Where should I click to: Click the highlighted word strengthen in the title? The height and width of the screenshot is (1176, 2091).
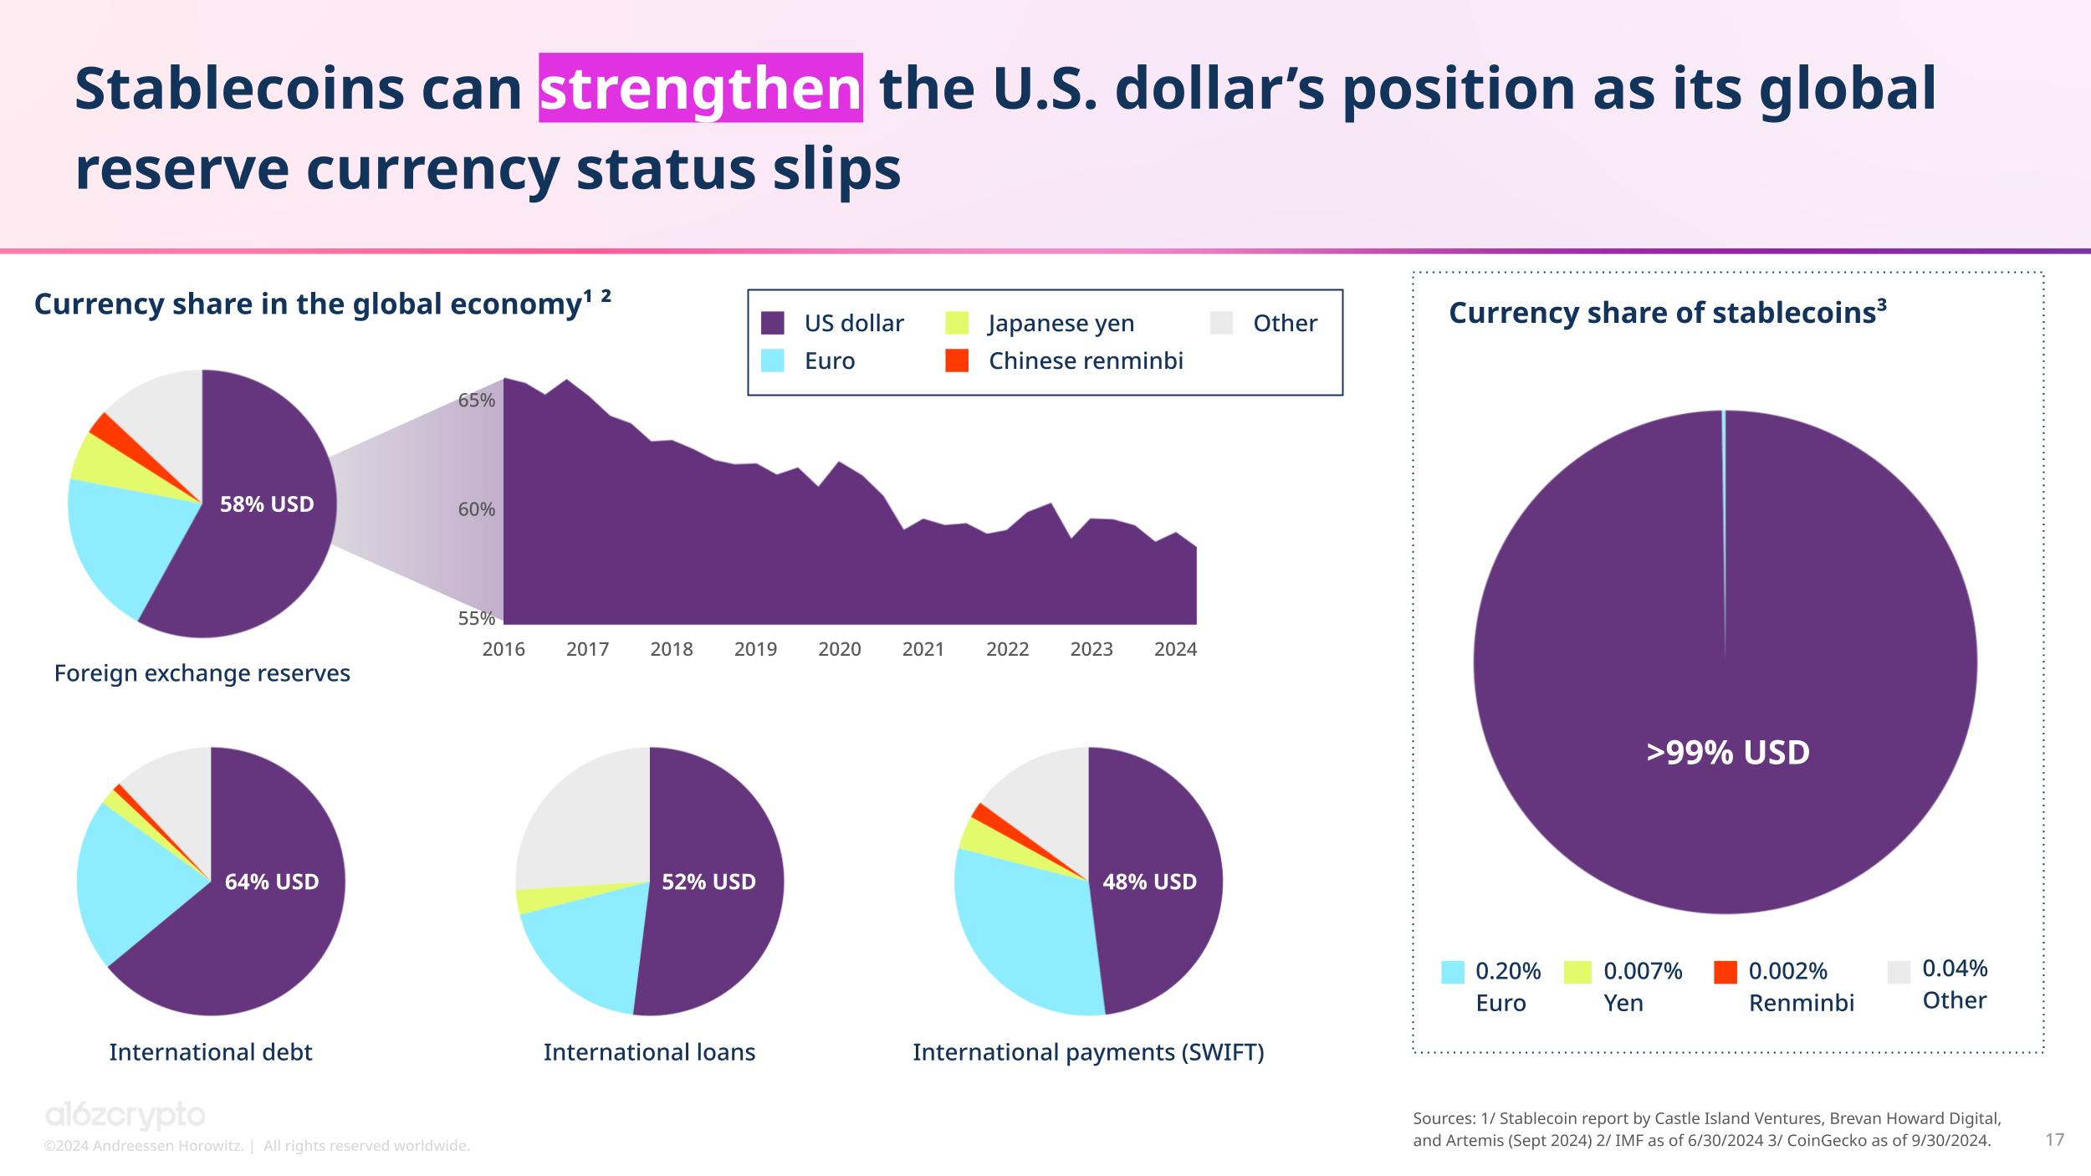(700, 89)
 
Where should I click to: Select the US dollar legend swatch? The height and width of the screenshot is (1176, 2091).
(773, 323)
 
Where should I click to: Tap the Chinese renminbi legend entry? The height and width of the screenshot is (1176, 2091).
(1085, 360)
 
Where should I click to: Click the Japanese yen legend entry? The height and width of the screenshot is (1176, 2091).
(1061, 323)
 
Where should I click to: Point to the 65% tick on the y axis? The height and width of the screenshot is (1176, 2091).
(477, 401)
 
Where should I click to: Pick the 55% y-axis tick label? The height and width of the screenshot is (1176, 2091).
(477, 619)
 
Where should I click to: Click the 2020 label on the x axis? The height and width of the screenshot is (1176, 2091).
(839, 649)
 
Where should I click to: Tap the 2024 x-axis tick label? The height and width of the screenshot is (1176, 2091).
(1175, 649)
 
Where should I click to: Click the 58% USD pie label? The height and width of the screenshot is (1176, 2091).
(267, 504)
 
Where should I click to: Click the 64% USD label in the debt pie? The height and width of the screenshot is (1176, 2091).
(272, 882)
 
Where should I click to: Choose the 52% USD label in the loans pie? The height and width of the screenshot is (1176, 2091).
(708, 882)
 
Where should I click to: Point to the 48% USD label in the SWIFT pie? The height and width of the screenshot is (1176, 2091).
(1149, 882)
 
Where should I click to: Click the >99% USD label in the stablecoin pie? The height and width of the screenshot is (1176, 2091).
(1728, 752)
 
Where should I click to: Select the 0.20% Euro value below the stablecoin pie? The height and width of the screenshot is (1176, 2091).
(1508, 971)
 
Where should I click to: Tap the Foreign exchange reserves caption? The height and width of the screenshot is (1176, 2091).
(202, 673)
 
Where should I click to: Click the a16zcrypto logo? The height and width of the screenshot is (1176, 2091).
(125, 1116)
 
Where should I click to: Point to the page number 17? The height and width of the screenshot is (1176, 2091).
(2054, 1139)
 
